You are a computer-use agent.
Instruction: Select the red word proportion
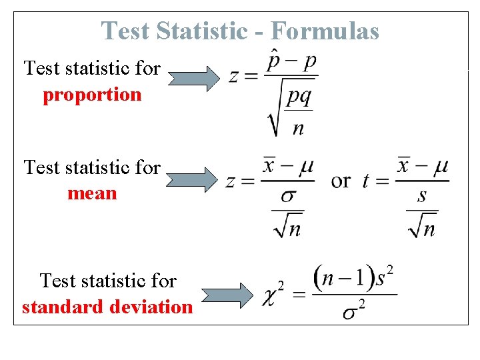92,95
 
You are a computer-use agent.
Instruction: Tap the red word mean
92,194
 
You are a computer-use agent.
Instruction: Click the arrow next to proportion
194,79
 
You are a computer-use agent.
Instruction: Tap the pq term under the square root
298,97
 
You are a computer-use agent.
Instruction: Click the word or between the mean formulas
341,180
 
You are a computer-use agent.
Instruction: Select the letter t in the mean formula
366,181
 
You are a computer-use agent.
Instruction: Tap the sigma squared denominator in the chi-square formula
354,311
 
